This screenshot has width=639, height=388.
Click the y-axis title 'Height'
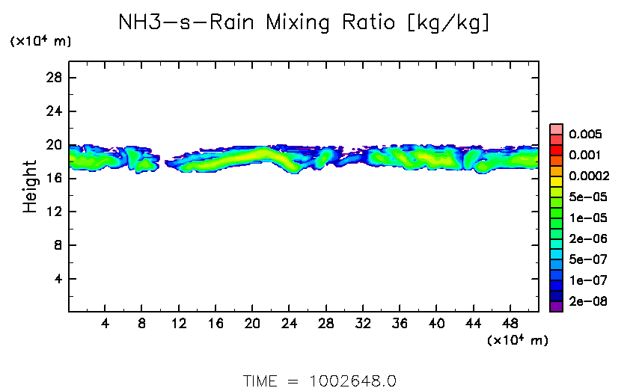pyautogui.click(x=30, y=186)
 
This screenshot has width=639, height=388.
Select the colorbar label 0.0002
pyautogui.click(x=588, y=176)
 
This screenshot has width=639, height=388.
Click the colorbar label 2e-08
pyautogui.click(x=587, y=301)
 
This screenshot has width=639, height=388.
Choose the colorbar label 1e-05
pyautogui.click(x=587, y=218)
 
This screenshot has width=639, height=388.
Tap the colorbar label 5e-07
pyautogui.click(x=587, y=259)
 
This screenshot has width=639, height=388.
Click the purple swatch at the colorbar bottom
pyautogui.click(x=555, y=306)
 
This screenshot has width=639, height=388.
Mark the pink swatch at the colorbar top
pyautogui.click(x=555, y=129)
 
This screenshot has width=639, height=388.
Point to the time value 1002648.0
pyautogui.click(x=352, y=381)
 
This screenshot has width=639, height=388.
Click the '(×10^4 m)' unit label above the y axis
pyautogui.click(x=40, y=42)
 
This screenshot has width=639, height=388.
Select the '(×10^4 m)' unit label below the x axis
pyautogui.click(x=519, y=340)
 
